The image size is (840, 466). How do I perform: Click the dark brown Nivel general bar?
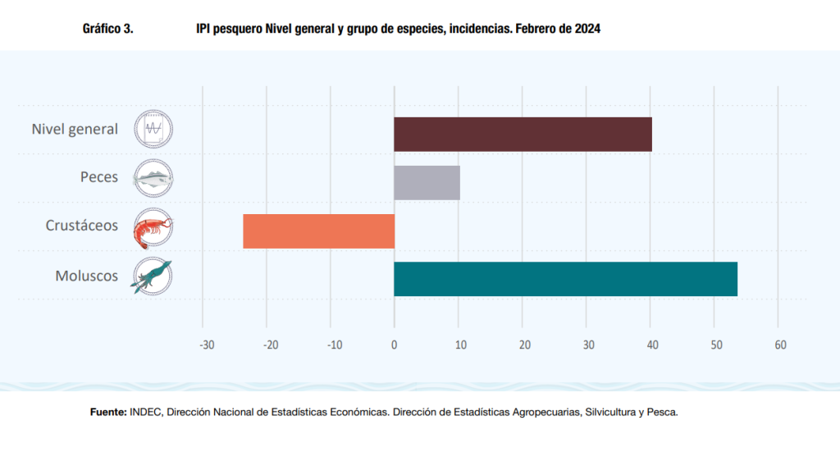pos(523,134)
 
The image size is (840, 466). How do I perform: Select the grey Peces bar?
pos(427,182)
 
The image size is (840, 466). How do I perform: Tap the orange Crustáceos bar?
pos(318,231)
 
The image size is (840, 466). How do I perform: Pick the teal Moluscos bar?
pos(565,279)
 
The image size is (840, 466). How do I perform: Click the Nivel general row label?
pos(75,130)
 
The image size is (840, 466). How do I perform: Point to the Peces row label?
pos(99,177)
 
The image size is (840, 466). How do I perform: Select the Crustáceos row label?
pos(82,226)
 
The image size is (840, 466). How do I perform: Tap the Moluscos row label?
pos(87,276)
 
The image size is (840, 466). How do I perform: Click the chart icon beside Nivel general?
pos(153,129)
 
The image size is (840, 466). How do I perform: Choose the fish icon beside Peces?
pos(153,178)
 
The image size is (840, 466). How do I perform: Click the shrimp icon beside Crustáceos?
pos(153,226)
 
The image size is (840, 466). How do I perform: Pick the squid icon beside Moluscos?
pos(153,276)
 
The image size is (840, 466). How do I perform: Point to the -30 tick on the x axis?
pos(206,345)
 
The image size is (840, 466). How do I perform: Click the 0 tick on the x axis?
pos(394,345)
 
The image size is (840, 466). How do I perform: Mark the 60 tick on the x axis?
pos(780,345)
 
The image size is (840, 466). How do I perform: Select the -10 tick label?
pos(334,345)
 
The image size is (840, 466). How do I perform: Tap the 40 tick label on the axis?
pos(651,345)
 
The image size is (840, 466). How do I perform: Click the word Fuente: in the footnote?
pos(107,413)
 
